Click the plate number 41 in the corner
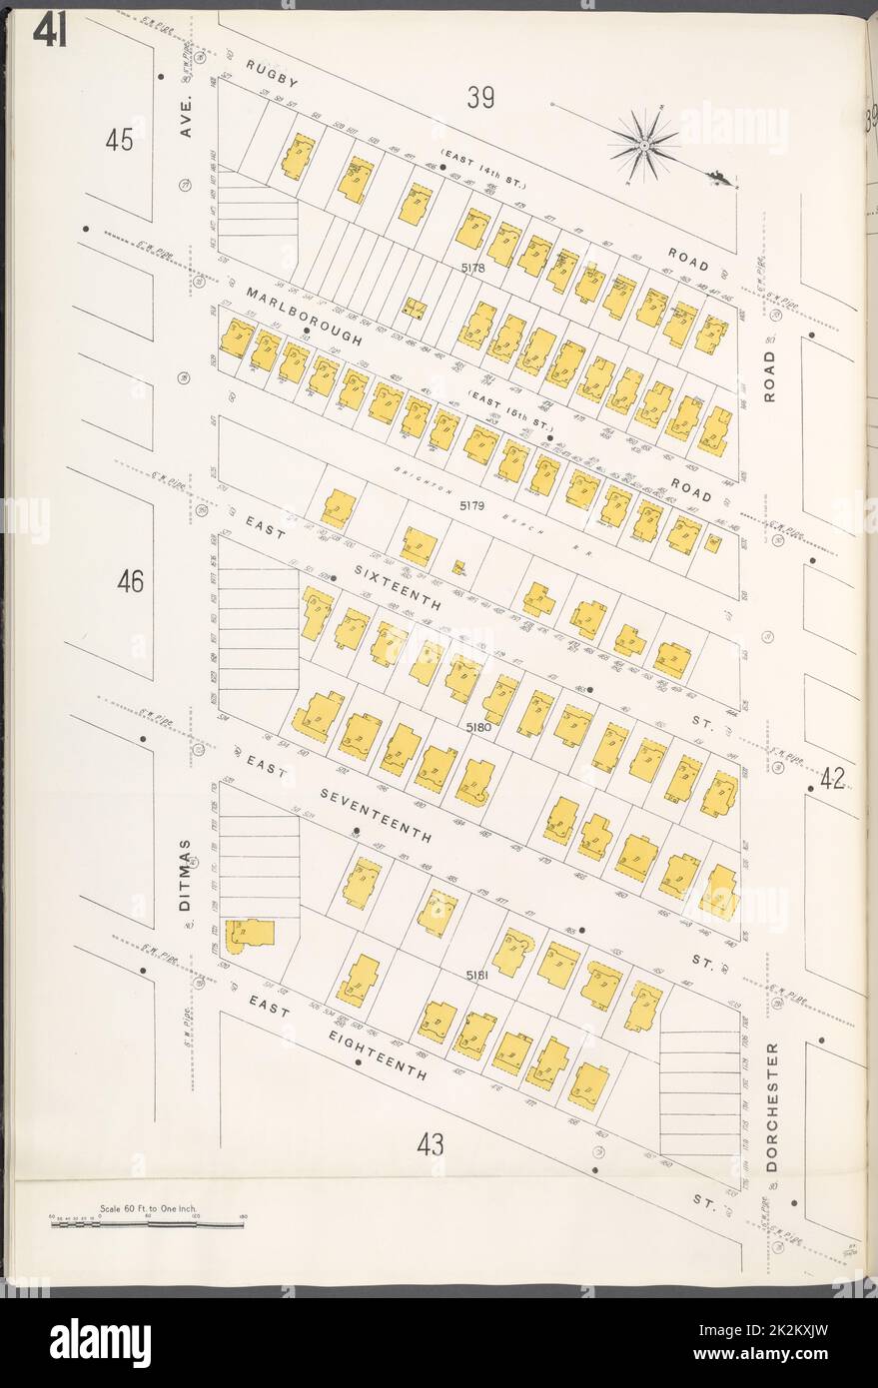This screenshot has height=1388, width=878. point(50,33)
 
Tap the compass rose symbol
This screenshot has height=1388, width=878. point(645,146)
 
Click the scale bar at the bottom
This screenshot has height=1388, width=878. point(147,1224)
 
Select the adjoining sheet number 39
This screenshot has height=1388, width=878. point(480,98)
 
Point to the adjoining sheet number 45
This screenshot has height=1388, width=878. point(119,141)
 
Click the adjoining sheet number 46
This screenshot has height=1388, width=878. point(130,580)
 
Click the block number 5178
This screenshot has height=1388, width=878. point(472,269)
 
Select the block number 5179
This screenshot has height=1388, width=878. point(471,506)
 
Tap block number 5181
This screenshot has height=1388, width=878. point(480,974)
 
